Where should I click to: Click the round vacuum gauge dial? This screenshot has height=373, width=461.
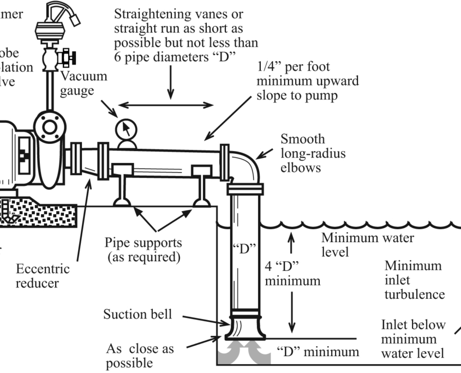pyautogui.click(x=126, y=130)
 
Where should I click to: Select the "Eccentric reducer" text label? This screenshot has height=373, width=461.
pyautogui.click(x=43, y=276)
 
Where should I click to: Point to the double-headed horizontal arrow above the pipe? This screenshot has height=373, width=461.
pyautogui.click(x=166, y=104)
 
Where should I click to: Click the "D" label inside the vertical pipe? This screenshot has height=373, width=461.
pyautogui.click(x=244, y=249)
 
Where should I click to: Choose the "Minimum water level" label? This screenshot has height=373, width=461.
pyautogui.click(x=368, y=245)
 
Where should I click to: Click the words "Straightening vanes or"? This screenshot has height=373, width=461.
pyautogui.click(x=178, y=14)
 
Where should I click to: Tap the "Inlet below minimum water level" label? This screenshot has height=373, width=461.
pyautogui.click(x=413, y=339)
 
